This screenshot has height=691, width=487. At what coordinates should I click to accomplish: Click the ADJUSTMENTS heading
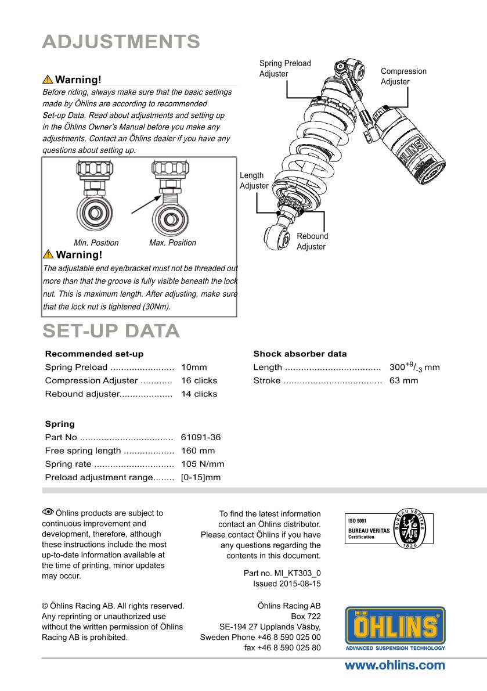121,42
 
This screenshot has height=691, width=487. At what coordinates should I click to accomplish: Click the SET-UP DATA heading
111,330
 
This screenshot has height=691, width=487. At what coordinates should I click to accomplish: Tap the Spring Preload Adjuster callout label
284,69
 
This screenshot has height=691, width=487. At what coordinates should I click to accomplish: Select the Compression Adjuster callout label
403,76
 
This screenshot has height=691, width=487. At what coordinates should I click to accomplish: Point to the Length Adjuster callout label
254,181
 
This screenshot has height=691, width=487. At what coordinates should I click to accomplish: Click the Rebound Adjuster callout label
312,242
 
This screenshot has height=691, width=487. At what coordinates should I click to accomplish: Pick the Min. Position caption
96,243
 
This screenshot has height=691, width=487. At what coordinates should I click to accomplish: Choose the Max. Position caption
172,243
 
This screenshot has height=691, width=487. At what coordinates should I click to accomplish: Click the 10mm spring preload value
194,367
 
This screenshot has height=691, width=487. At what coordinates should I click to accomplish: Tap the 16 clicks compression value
199,380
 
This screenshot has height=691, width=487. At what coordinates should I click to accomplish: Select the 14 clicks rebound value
199,394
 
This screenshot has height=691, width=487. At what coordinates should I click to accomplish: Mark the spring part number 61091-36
201,437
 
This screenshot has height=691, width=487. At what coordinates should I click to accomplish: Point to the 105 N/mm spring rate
203,464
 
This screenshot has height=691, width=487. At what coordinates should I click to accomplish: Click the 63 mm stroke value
403,380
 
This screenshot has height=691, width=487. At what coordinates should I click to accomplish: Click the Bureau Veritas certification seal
414,528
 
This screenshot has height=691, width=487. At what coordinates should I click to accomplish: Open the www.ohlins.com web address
395,665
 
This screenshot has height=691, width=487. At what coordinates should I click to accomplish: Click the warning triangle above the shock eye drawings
48,80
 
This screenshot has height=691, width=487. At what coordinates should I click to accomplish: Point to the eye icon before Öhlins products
48,512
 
